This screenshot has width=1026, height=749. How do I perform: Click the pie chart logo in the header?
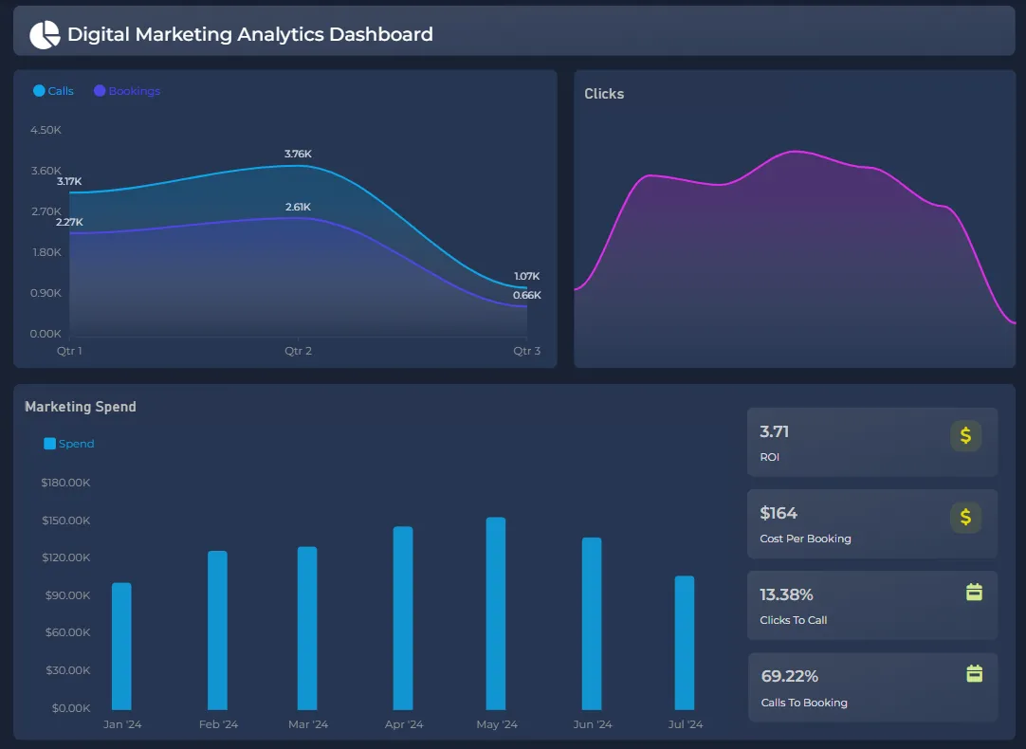pos(45,35)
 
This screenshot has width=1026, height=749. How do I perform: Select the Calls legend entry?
pos(54,91)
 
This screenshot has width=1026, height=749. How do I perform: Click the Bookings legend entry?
pos(127,91)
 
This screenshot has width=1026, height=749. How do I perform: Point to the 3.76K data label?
pos(298,154)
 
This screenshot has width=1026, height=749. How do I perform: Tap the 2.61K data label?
pos(298,207)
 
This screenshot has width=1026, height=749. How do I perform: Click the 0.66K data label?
pos(527,295)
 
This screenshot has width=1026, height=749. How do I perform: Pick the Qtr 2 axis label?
pos(298,351)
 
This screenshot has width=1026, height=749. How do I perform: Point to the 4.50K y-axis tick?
pos(46,130)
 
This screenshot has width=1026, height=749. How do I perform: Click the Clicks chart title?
pos(604,94)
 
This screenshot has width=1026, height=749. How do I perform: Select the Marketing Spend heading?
pos(81,407)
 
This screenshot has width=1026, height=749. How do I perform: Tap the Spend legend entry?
pos(69,444)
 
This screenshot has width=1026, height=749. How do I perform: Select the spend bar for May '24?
pos(496,613)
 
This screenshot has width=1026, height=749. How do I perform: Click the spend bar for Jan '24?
pos(121,646)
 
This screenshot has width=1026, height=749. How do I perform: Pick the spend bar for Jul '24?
pos(685,642)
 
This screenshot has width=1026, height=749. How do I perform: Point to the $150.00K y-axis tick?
pos(65,521)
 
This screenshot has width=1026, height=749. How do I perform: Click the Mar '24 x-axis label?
pos(308,724)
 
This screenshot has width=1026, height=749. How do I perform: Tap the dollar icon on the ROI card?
pos(965,435)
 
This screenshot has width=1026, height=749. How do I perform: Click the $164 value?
pos(779,513)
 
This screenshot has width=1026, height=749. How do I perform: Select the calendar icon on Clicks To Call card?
pos(974,593)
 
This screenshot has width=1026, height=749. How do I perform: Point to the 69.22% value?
pos(789,676)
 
